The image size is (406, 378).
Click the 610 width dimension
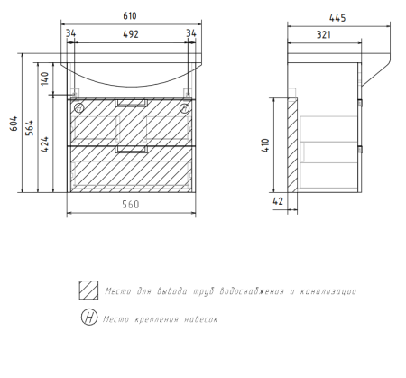130,15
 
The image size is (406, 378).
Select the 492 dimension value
131,34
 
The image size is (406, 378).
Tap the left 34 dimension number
70,33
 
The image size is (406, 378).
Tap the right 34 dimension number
191,33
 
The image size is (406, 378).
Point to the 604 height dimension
14,124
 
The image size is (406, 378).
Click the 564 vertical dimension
30,128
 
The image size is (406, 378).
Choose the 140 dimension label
44,78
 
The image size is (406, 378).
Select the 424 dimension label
44,144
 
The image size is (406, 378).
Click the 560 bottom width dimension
131,205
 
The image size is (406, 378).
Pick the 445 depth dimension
337,18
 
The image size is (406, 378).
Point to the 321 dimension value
324,35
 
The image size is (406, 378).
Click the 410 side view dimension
265,145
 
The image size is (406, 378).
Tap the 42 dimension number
278,201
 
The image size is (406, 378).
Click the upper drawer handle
132,103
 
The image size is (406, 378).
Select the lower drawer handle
131,150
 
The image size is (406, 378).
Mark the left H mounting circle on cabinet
79,107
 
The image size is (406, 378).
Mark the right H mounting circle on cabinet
185,108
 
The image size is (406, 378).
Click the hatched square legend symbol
88,290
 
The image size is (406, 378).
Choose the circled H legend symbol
89,317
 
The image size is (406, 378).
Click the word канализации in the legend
328,291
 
